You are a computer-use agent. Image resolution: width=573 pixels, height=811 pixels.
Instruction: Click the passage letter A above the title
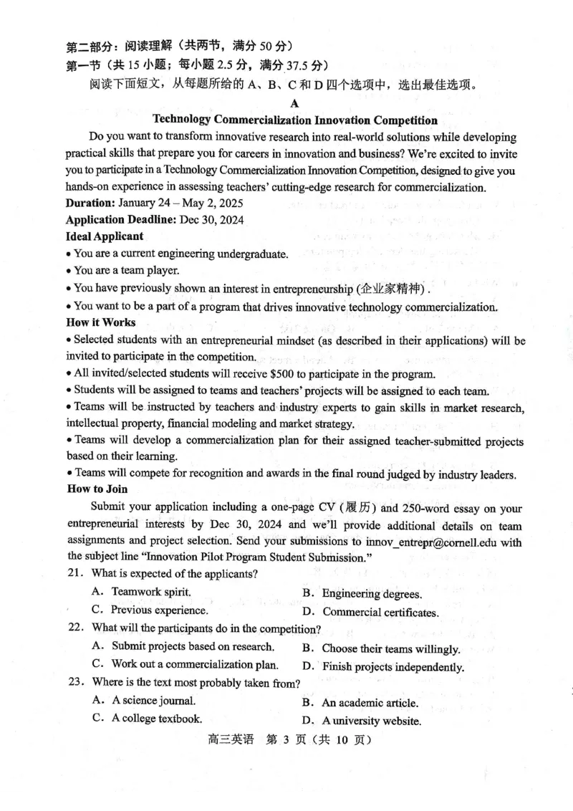pyautogui.click(x=294, y=103)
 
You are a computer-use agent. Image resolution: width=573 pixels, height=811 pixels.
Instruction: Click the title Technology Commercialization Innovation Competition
pyautogui.click(x=295, y=120)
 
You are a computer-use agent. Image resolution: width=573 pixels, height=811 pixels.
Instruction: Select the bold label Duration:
pyautogui.click(x=90, y=203)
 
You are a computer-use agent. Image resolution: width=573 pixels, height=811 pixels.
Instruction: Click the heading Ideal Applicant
pyautogui.click(x=105, y=236)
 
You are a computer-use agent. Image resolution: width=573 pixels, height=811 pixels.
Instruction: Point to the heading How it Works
pyautogui.click(x=101, y=322)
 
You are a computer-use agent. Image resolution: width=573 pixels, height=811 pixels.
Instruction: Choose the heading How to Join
pyautogui.click(x=97, y=489)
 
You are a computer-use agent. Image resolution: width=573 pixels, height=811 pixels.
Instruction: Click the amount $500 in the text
pyautogui.click(x=284, y=374)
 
